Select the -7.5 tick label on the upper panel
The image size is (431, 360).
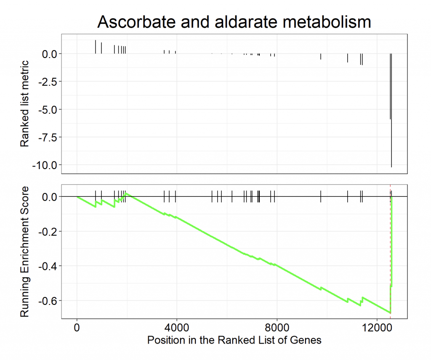coord(48,137)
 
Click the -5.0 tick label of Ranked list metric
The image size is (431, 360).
coord(48,109)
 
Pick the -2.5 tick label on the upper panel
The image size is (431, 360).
coord(48,81)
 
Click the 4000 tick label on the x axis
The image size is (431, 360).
coord(176,327)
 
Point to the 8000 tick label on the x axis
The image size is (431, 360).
coord(277,327)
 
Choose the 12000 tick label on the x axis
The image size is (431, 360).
coord(377,327)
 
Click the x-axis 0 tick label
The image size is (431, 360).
coord(77,327)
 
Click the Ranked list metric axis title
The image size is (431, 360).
coord(25,103)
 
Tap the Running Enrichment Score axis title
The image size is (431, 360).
coord(25,251)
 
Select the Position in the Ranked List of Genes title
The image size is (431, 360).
coord(234,340)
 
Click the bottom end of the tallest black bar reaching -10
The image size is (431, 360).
coord(391,167)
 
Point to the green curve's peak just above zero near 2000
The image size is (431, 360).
coord(127,193)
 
